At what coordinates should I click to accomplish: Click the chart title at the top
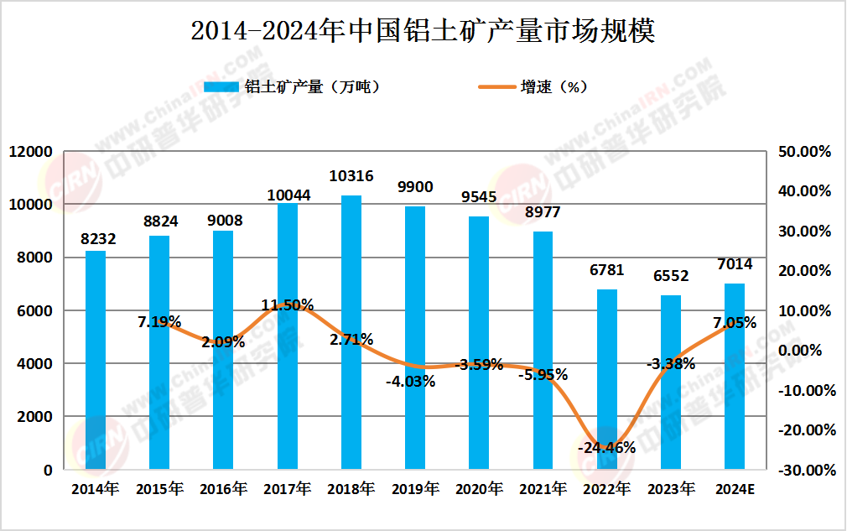pos(423,31)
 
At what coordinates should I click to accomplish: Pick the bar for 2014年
pos(96,360)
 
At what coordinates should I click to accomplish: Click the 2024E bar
pos(735,377)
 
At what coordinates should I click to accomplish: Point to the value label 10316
pos(351,176)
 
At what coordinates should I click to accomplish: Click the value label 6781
pos(607,271)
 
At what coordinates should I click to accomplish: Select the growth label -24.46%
pos(606,447)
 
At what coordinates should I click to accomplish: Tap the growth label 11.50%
pos(288,305)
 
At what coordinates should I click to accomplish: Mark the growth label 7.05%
pos(735,323)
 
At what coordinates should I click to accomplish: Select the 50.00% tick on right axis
pos(804,152)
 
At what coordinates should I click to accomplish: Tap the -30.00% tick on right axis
pos(803,471)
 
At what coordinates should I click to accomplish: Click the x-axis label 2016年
pos(223,489)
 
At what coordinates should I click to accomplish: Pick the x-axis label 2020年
pos(479,489)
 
